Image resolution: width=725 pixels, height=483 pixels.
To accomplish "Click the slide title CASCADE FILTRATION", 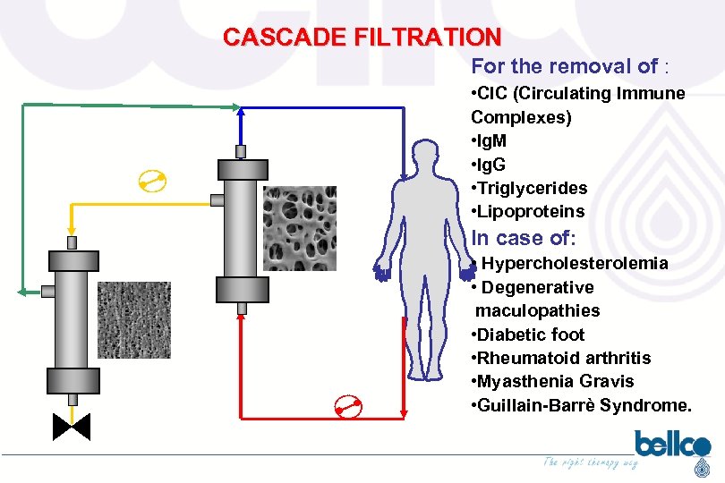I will click(362, 38).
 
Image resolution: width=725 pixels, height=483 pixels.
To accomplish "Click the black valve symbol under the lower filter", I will click(72, 427).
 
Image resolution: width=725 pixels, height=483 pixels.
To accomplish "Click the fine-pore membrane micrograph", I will click(133, 320).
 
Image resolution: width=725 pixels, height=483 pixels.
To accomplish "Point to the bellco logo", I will click(672, 445).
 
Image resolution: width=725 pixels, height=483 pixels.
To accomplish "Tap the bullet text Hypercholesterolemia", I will click(574, 263).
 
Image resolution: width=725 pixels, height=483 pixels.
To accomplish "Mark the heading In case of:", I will click(524, 238).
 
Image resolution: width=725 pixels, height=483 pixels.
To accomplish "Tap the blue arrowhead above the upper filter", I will click(240, 110).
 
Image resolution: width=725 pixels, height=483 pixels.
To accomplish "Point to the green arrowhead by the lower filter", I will click(21, 291).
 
